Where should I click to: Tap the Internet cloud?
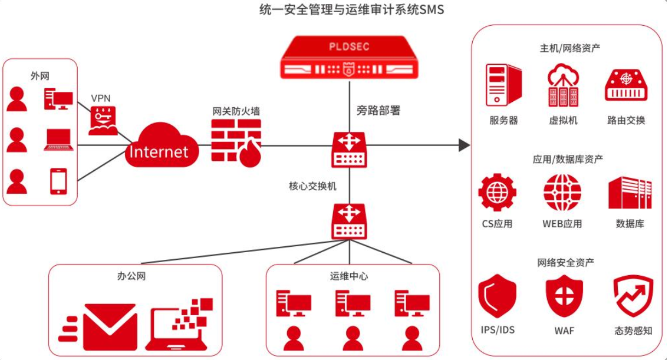(158, 147)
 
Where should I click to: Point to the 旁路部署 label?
(379, 111)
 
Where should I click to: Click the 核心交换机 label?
(312, 186)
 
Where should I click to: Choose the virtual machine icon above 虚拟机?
(563, 85)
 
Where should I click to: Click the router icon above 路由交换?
(626, 85)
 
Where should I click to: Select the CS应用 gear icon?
(497, 193)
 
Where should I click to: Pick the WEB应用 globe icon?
(562, 193)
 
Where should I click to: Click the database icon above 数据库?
(630, 193)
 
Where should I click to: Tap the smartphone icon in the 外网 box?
(59, 181)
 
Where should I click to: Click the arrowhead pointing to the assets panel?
(464, 145)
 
